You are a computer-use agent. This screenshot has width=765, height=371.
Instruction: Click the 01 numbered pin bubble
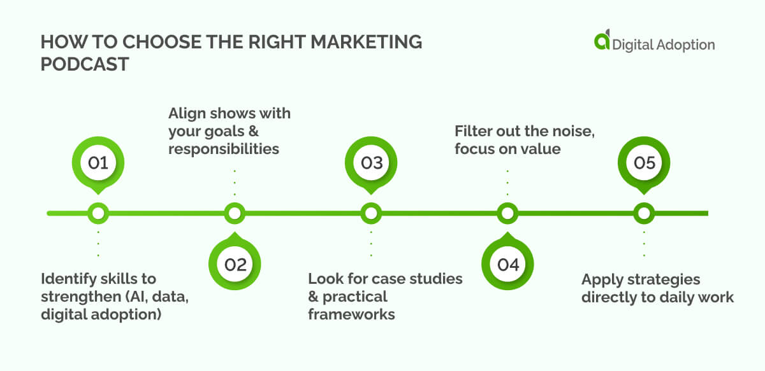click(98, 163)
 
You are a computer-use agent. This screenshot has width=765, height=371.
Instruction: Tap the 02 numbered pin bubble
click(235, 263)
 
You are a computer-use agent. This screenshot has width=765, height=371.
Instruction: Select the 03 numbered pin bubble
click(371, 163)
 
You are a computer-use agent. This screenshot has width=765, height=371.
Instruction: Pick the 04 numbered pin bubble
click(508, 263)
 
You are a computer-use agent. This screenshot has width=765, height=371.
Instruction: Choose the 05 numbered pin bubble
click(644, 163)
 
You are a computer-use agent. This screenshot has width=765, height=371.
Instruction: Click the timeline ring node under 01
click(98, 213)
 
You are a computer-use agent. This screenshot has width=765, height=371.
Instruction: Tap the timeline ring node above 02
click(235, 213)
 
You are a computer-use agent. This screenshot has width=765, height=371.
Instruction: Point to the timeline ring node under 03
click(371, 213)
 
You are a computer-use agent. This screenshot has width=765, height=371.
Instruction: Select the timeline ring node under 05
click(644, 213)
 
